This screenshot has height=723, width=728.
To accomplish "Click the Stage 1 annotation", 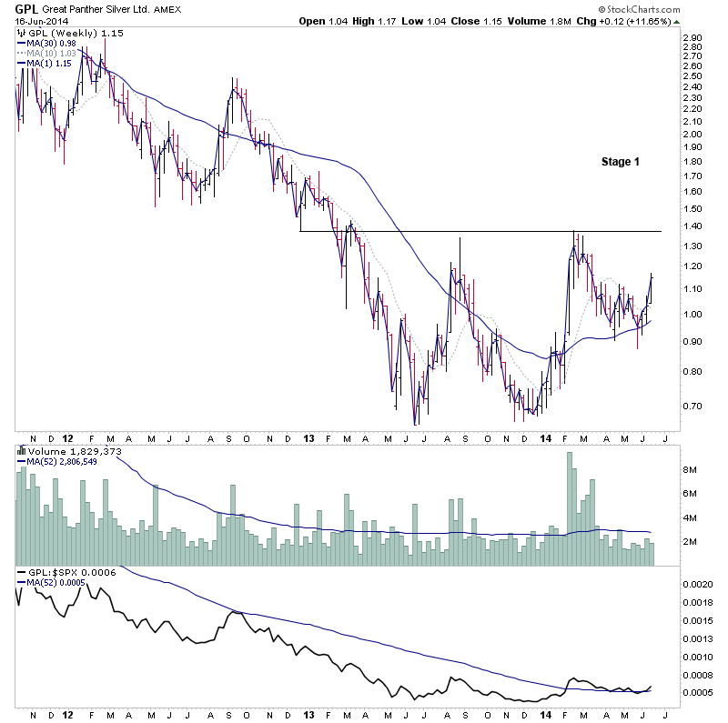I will point(620,162).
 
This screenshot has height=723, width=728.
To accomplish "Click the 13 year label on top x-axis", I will point(309,437).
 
